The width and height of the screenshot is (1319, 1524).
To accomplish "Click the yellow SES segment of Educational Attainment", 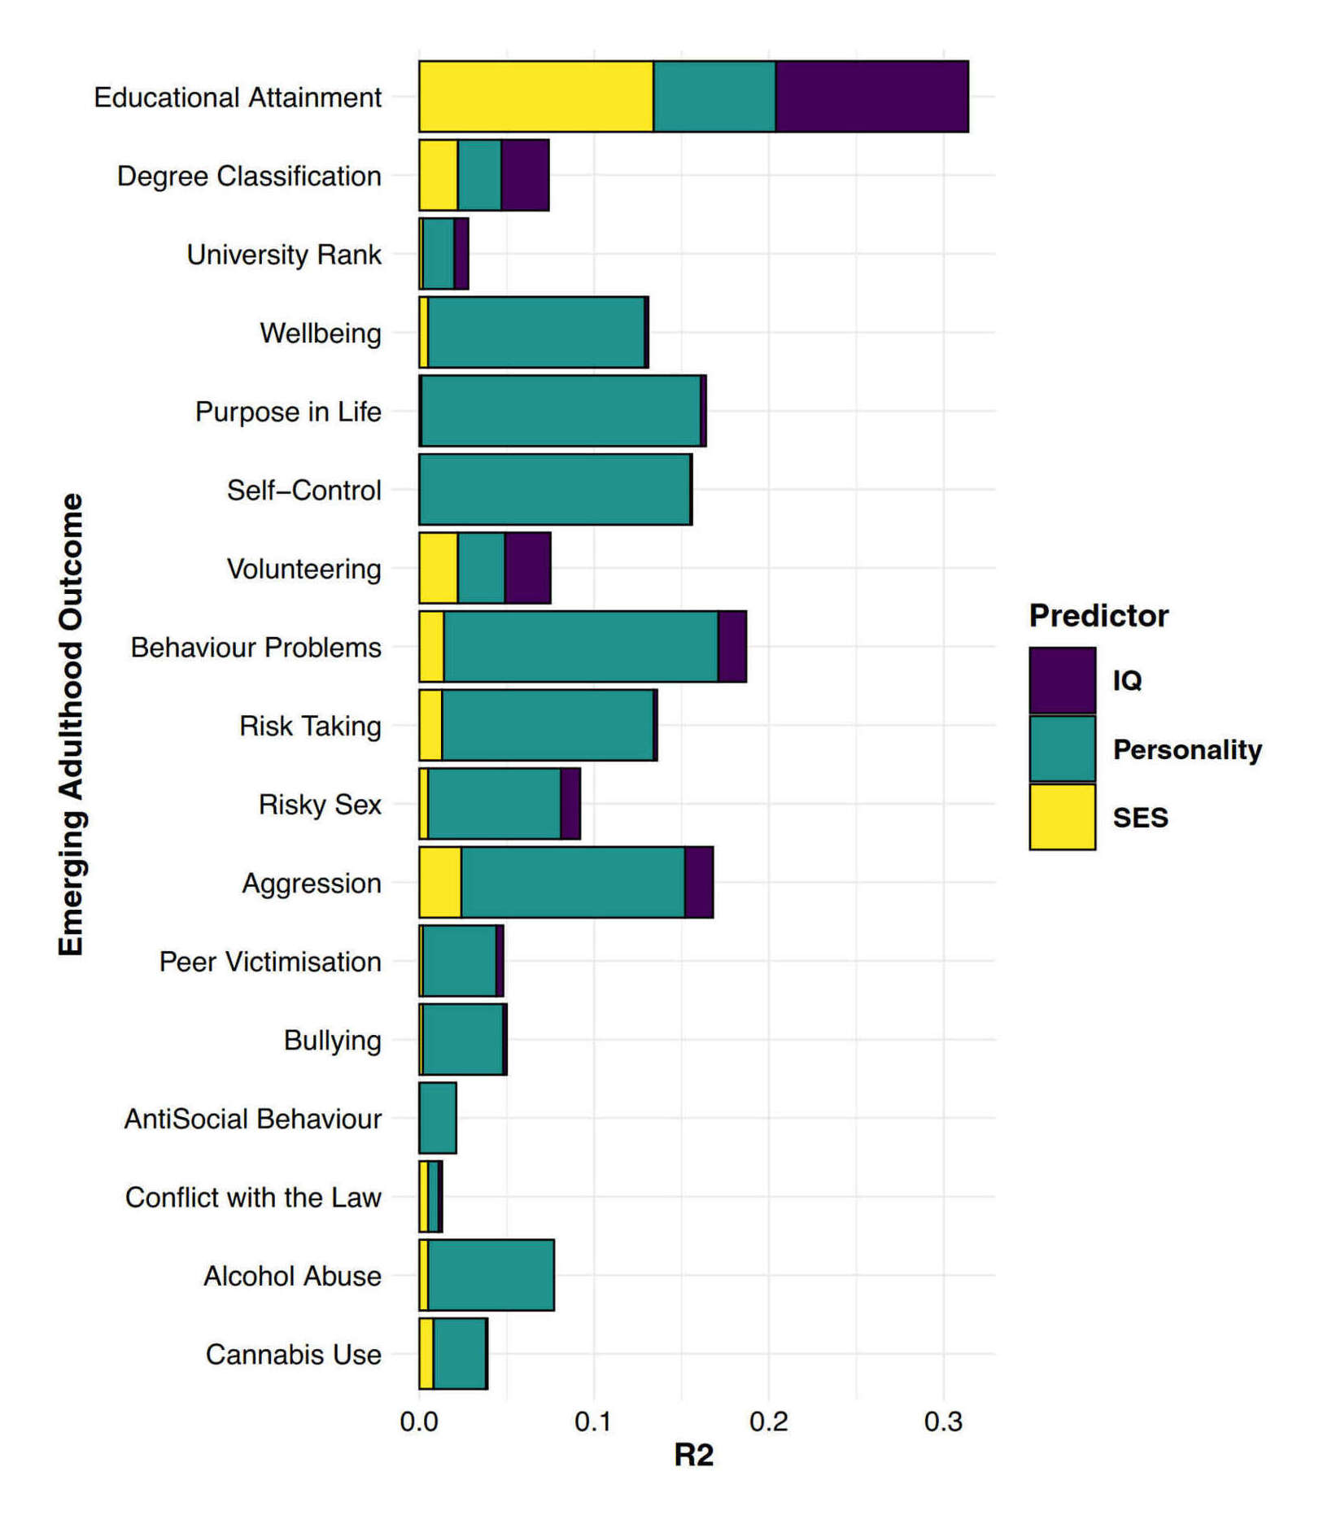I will point(535,96).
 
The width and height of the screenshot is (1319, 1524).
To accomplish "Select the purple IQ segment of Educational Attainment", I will point(871,96).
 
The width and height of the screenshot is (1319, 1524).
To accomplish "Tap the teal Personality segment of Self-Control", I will point(555,490).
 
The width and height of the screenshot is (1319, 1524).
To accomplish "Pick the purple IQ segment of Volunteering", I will point(527,568).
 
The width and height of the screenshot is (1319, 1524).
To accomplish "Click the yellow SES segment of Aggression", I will point(440,882).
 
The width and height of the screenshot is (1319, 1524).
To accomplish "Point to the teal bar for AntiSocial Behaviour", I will point(438,1118).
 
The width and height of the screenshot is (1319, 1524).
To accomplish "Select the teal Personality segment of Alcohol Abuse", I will point(491,1275).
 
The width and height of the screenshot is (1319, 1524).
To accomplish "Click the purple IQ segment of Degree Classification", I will point(525,175).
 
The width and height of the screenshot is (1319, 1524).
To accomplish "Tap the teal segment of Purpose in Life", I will point(561,411).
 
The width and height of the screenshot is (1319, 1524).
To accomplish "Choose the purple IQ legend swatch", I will point(1062,680).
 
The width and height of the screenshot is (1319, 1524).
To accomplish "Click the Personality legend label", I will point(1187,749).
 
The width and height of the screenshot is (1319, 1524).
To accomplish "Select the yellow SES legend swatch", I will point(1062,817).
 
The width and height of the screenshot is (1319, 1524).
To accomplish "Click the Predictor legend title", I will point(1098,616).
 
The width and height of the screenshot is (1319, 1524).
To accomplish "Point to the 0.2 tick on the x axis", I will point(768,1421).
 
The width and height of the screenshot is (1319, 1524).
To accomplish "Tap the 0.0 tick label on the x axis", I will point(419,1421).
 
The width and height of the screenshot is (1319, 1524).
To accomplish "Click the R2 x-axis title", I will point(693,1455).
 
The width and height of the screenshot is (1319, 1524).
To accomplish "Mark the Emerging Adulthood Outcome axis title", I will point(72,724).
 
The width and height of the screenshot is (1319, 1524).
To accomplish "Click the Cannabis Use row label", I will point(293,1354).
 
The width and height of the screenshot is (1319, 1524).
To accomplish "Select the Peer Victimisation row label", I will point(270,961).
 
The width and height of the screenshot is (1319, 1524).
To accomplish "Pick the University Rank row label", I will point(284,254).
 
